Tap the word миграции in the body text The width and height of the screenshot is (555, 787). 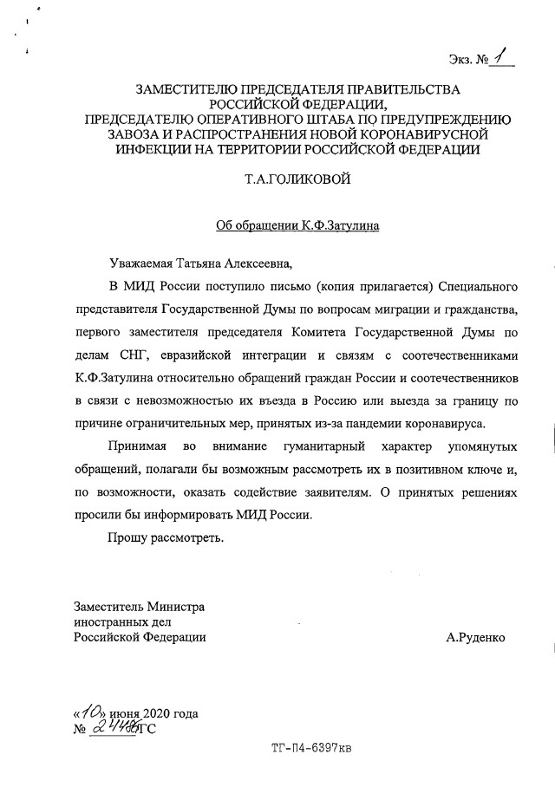click(x=374, y=308)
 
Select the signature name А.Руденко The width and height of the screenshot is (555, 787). click(x=474, y=637)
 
